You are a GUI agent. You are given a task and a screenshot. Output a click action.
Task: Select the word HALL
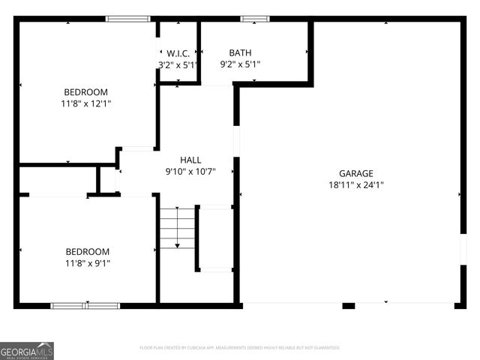click(x=190, y=160)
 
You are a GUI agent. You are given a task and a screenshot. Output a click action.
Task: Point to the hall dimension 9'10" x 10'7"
click(x=190, y=171)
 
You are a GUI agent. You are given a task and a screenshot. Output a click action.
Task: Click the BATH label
click(x=240, y=52)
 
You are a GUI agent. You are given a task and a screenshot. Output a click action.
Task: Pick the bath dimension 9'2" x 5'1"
click(x=240, y=64)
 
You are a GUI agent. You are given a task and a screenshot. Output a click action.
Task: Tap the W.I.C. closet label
click(x=178, y=52)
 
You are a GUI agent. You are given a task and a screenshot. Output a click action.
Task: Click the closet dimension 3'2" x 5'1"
click(x=178, y=64)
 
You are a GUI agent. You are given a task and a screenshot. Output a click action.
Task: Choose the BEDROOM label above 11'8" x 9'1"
click(x=87, y=251)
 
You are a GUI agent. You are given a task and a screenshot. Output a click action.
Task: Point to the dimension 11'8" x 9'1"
click(x=87, y=262)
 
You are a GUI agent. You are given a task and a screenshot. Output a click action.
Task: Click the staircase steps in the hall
click(x=177, y=227)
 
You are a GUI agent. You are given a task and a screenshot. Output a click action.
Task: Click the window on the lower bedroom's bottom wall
click(x=85, y=305)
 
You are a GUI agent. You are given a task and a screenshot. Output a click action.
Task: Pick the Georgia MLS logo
click(x=27, y=350)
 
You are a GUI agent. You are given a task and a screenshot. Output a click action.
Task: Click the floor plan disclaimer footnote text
click(x=240, y=348)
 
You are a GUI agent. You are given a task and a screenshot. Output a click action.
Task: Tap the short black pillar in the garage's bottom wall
click(x=349, y=305)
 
